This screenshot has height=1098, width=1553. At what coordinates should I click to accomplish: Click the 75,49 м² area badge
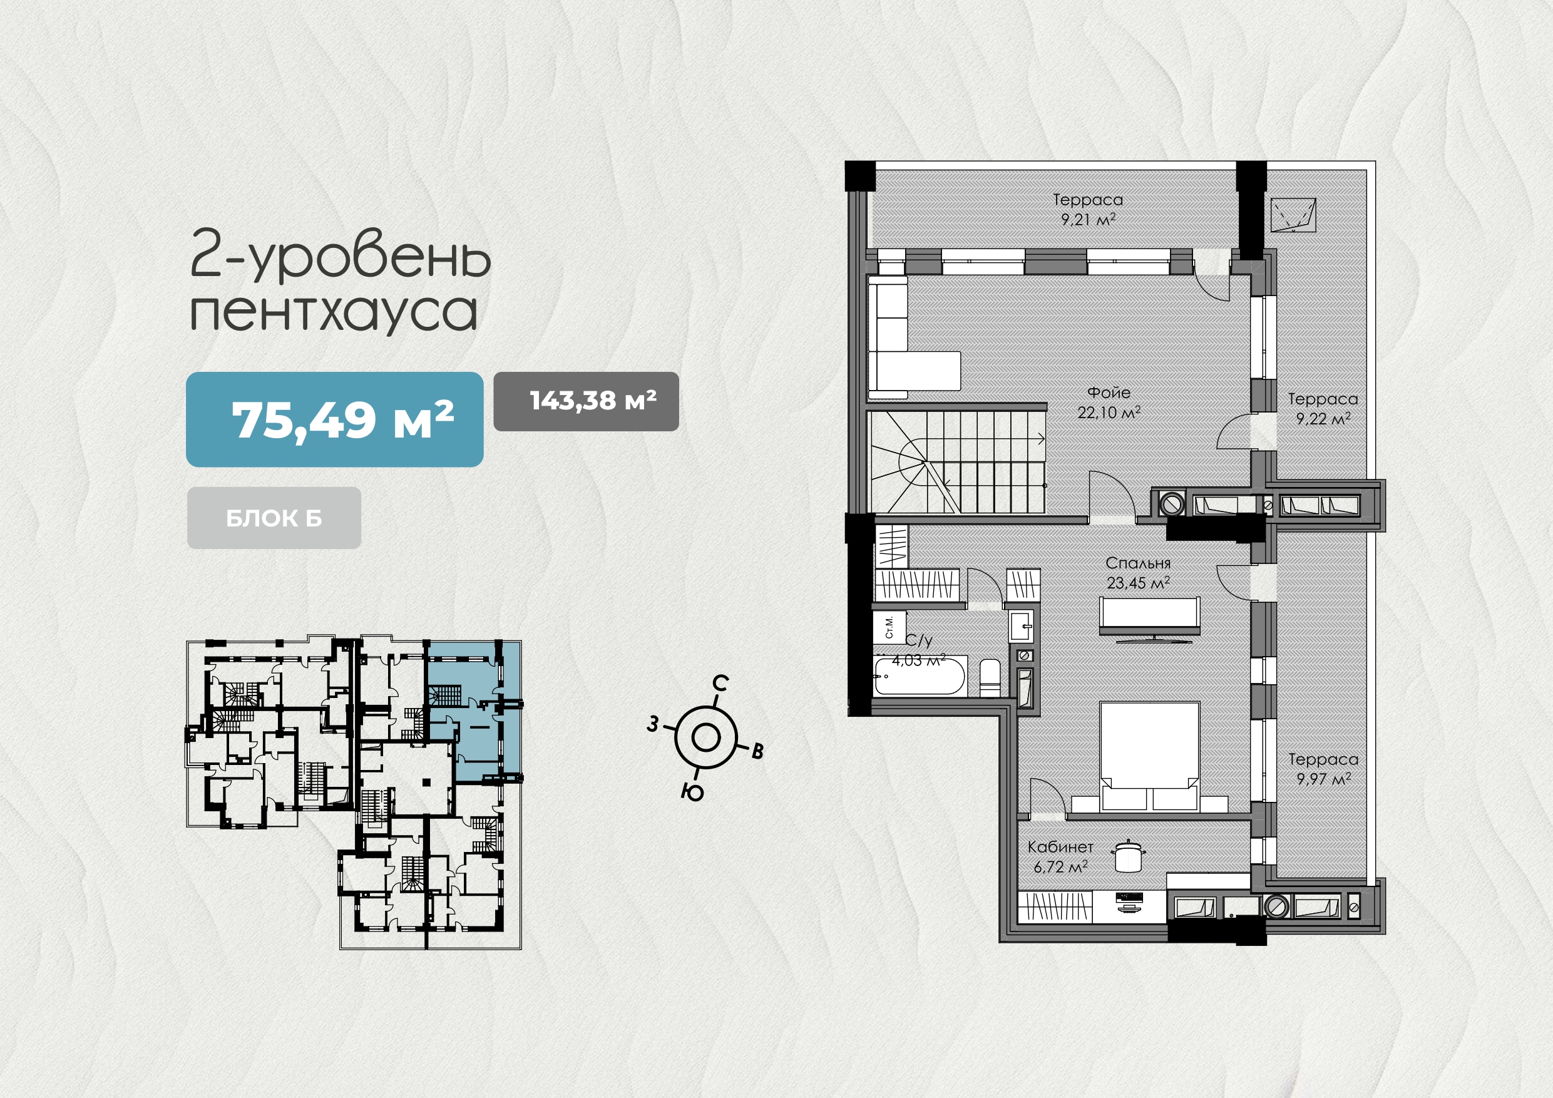pos(334,419)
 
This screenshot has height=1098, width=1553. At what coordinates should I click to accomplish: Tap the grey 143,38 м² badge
pos(586,401)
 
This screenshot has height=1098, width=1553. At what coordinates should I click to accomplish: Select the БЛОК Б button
pos(274,518)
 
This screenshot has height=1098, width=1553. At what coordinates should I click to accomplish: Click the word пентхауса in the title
pos(334,312)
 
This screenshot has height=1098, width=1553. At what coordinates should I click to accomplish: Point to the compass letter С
pos(721,684)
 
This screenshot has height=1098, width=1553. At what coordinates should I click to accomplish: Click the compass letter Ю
pos(693,791)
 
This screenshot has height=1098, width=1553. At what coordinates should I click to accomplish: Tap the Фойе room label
pos(1109,393)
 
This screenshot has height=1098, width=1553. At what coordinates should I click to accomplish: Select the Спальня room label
pos(1138,563)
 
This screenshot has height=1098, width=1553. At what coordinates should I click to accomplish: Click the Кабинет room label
pos(1060,847)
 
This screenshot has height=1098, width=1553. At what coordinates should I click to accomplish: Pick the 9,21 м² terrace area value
pos(1088,219)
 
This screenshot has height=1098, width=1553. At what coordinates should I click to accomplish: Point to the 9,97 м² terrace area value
pos(1323,779)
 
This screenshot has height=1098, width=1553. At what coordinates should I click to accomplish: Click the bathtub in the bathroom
pos(920,675)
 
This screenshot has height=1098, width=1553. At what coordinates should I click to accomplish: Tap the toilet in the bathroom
pos(990,677)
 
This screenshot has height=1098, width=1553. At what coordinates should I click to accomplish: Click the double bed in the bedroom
pos(1149,756)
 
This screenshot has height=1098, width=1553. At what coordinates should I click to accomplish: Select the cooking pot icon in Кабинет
pos(1128,856)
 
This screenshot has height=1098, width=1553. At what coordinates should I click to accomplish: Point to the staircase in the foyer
pos(958,462)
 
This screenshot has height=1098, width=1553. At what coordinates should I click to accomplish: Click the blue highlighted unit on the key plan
pos(473,711)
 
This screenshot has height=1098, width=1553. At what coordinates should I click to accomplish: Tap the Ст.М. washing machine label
pos(889,627)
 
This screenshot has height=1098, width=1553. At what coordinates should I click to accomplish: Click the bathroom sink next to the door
pos(1022,626)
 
